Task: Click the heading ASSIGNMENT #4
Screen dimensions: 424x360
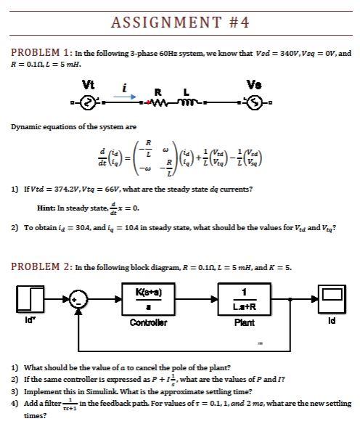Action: (180, 22)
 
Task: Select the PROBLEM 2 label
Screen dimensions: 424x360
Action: (39, 266)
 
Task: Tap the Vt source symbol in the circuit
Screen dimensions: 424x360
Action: (87, 102)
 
